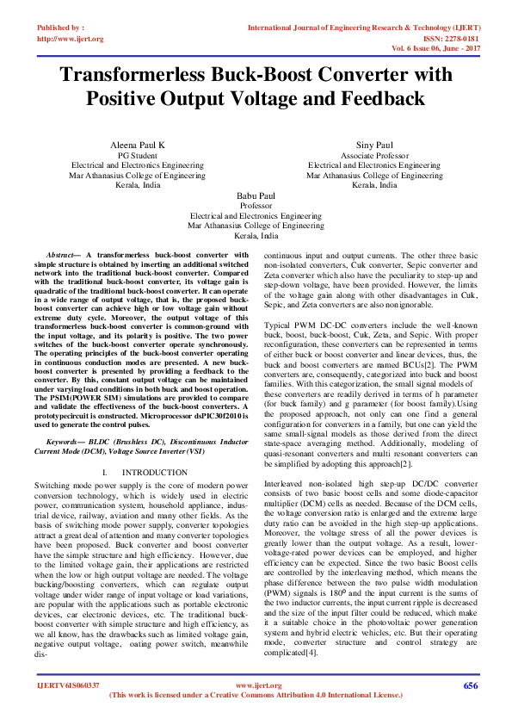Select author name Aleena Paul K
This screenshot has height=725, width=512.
point(138,144)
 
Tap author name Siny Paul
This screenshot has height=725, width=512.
point(374,144)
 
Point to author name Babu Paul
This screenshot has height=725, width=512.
point(256,196)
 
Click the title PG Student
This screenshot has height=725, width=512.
point(138,154)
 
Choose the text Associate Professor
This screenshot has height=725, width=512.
point(374,154)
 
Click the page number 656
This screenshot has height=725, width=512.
point(470,710)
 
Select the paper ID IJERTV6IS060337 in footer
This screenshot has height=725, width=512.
point(67,710)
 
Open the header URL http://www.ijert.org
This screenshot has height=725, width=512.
point(71,39)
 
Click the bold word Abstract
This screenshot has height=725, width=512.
point(60,256)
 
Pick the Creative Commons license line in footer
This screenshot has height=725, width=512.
point(256,718)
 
